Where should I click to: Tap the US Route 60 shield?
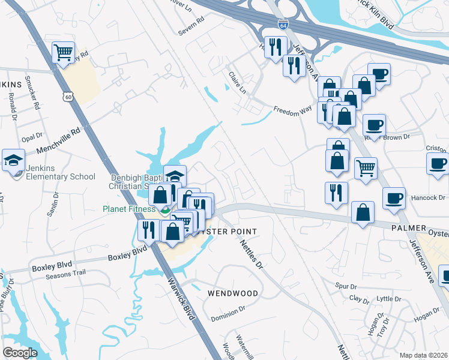pyautogui.click(x=70, y=97)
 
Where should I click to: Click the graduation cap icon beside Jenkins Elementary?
pyautogui.click(x=13, y=161)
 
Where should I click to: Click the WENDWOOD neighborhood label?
pyautogui.click(x=233, y=293)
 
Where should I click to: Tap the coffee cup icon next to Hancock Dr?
pyautogui.click(x=394, y=198)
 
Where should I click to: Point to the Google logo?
pyautogui.click(x=20, y=353)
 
